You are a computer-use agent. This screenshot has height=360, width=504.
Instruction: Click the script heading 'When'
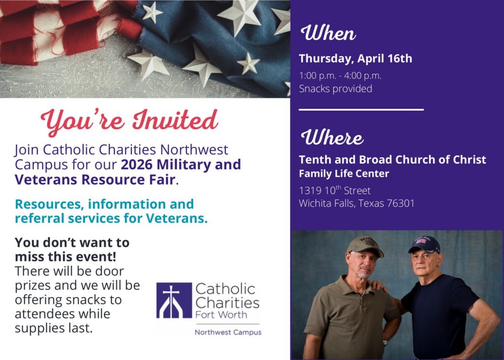pos(328,33)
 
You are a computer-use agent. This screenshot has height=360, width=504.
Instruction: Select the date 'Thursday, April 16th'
pos(355,59)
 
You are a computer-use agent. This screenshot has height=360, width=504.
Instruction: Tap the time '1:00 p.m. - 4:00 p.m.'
pos(340,76)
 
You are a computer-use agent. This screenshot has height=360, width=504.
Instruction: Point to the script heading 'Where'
pos(332,137)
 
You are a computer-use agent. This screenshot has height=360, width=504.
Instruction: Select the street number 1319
pos(310,190)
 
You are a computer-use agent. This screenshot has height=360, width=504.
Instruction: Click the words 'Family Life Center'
pos(344,174)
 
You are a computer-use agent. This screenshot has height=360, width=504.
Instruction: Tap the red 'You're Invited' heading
pos(129,121)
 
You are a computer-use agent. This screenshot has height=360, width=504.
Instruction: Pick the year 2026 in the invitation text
pos(137,164)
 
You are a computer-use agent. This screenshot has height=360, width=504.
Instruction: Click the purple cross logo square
pos(174,300)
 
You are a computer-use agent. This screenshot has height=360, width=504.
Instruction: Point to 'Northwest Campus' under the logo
pos(228,332)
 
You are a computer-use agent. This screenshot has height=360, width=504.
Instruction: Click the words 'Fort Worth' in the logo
pos(221,314)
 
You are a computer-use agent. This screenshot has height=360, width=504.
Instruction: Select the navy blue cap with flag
pos(424,244)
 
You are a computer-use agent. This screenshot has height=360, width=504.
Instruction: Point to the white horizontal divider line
pos(361,110)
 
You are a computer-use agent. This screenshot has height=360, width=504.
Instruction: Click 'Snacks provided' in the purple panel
pos(336,89)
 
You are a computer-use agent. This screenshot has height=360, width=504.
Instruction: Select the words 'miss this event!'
pos(65,257)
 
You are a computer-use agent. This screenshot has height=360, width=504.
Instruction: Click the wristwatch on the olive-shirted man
pos(385,342)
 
